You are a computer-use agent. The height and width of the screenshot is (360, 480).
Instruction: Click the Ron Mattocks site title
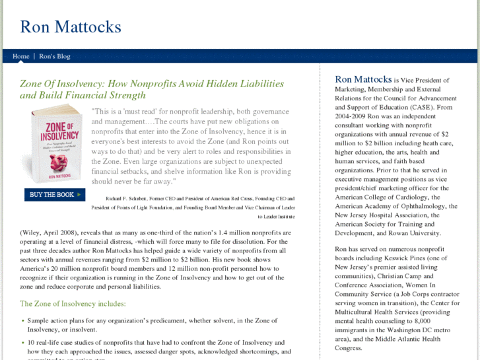pyautogui.click(x=71, y=27)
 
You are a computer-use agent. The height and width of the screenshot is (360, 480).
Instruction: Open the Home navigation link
pyautogui.click(x=21, y=56)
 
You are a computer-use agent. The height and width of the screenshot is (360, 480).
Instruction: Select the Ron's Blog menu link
pyautogui.click(x=54, y=56)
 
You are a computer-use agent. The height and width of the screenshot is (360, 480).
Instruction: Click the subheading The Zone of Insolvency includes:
pyautogui.click(x=73, y=304)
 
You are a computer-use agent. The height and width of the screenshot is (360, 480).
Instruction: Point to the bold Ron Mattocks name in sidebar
pyautogui.click(x=364, y=79)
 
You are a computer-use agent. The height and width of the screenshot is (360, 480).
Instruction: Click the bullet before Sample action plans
pyautogui.click(x=23, y=320)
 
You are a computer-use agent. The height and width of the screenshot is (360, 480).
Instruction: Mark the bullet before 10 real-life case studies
pyautogui.click(x=23, y=343)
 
